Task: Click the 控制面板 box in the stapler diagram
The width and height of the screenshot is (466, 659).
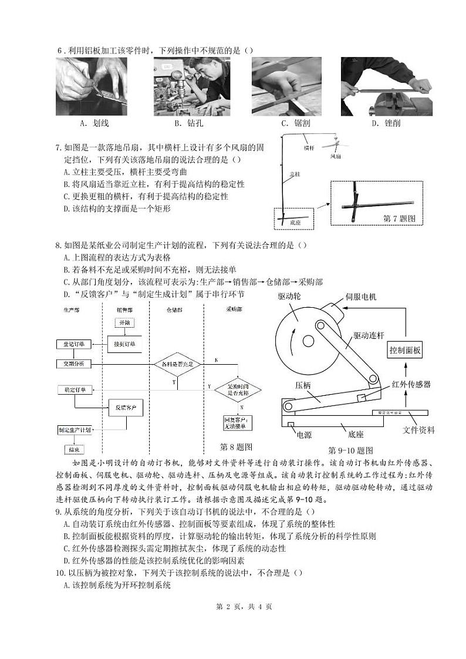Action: point(405,351)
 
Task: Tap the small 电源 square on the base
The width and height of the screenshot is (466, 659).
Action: point(291,423)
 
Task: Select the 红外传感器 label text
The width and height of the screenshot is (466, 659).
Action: point(411,384)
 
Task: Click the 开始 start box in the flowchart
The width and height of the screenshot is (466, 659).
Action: point(125,322)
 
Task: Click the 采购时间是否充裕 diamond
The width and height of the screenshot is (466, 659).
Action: point(238,389)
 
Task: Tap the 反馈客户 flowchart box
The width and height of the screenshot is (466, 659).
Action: point(125,407)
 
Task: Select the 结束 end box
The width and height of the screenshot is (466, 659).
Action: point(73,449)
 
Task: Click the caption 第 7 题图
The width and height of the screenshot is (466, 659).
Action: point(399,218)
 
